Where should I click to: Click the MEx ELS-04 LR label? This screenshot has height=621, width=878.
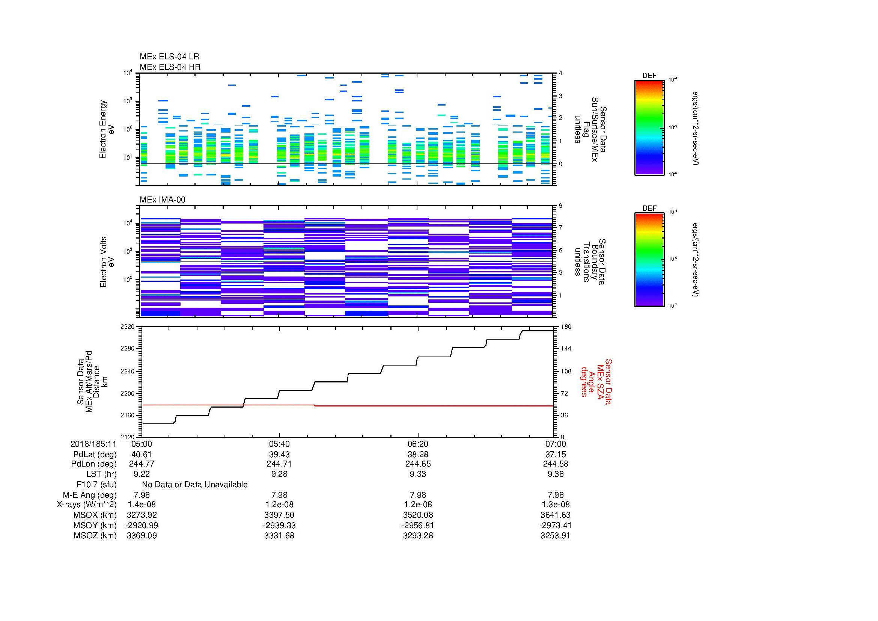(169, 57)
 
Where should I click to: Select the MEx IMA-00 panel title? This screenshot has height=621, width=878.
(162, 200)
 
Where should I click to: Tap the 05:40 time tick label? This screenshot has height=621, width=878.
(279, 444)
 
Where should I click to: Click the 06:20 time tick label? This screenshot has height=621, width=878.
(417, 444)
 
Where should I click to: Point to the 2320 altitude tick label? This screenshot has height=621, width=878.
(127, 327)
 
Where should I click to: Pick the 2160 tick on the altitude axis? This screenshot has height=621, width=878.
(127, 415)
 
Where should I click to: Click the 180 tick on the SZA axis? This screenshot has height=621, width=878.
(565, 327)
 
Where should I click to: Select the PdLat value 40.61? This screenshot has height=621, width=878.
(142, 454)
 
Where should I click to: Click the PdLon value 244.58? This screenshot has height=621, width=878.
(555, 464)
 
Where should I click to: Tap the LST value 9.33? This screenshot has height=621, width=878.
(417, 474)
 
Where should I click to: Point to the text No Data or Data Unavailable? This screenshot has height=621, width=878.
(195, 485)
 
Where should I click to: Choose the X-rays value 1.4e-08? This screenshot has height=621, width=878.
(142, 505)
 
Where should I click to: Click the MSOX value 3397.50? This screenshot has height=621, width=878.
(279, 515)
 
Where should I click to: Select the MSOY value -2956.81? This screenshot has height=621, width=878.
(417, 525)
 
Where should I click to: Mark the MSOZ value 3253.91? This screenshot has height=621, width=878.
(555, 536)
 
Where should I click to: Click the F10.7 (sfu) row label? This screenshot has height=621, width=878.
(96, 485)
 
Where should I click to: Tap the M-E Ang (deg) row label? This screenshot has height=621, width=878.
(89, 495)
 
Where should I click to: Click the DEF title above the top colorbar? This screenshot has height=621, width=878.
(649, 76)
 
